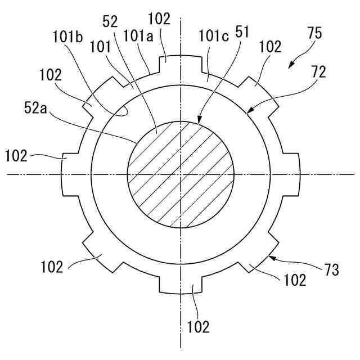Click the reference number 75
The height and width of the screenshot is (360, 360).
pos(316,34)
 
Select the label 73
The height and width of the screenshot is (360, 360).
pos(332,271)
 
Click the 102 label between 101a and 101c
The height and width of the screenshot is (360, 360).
pos(160,18)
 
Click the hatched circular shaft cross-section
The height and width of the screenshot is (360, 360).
pos(181,174)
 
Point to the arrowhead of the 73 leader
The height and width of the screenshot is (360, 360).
pos(269,257)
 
